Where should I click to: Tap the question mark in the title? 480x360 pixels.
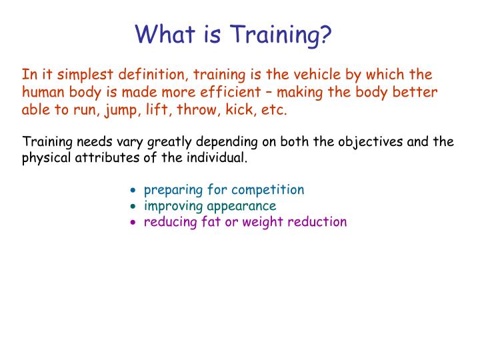[x=325, y=33]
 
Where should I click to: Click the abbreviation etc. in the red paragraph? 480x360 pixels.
[x=275, y=110]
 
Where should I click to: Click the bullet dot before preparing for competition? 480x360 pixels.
[x=133, y=191]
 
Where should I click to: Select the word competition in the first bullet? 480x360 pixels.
[x=270, y=190]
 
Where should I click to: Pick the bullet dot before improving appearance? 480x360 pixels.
[x=133, y=207]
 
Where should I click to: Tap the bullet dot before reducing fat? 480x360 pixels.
[x=133, y=223]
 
